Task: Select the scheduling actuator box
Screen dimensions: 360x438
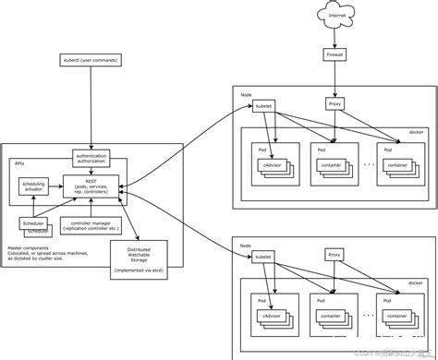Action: pos(33,187)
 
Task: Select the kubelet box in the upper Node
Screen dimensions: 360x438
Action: pos(264,105)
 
